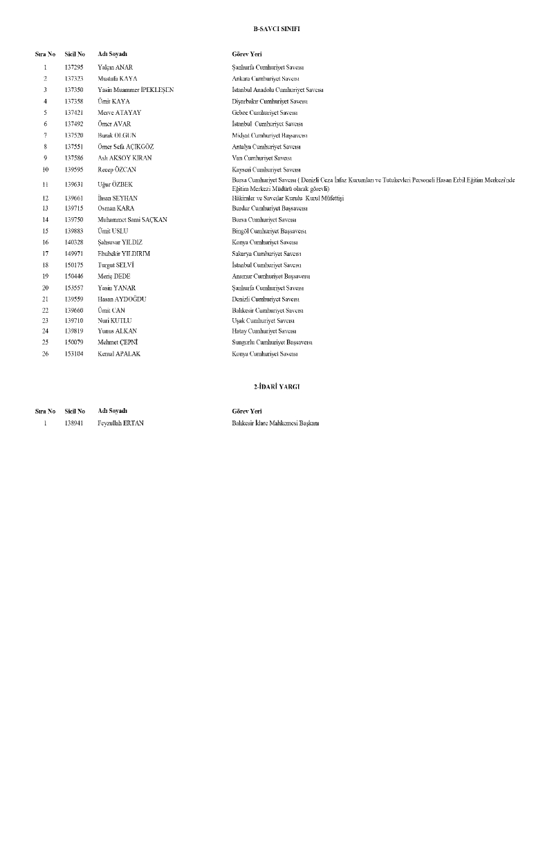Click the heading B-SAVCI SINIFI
(x=276, y=31)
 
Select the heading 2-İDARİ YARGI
(x=276, y=387)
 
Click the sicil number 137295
(x=74, y=67)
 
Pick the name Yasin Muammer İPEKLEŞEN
(x=136, y=90)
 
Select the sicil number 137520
(x=74, y=135)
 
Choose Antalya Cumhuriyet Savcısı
(x=266, y=147)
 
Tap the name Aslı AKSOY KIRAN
(x=125, y=158)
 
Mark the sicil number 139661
(x=74, y=198)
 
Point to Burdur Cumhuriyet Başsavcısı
(x=270, y=208)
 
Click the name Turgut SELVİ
(x=116, y=265)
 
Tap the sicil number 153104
(x=74, y=353)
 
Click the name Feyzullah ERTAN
(x=121, y=423)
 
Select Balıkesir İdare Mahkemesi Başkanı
(x=275, y=423)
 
